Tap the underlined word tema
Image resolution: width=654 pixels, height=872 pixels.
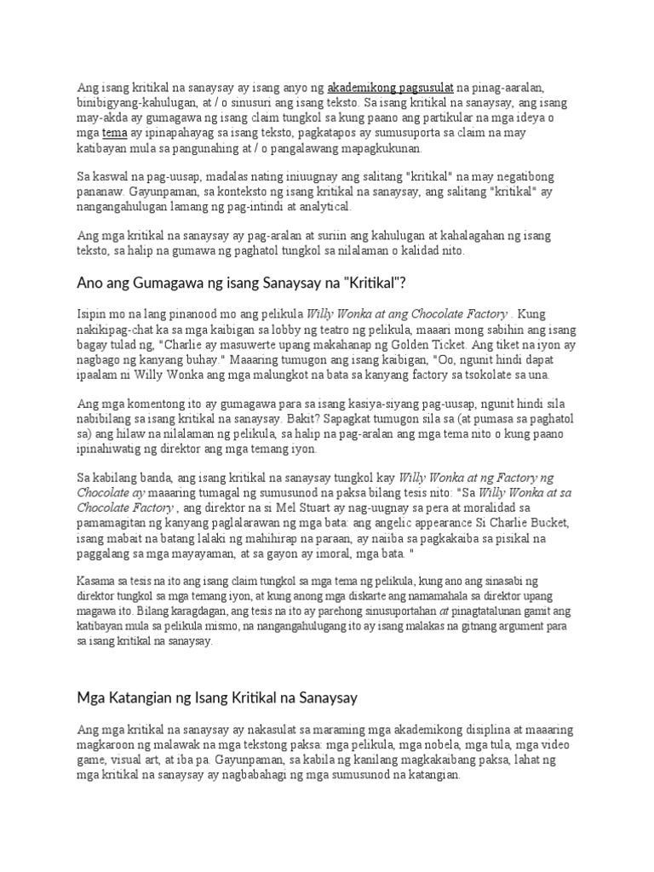click(x=114, y=133)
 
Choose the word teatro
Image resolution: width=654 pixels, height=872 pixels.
click(x=341, y=328)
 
